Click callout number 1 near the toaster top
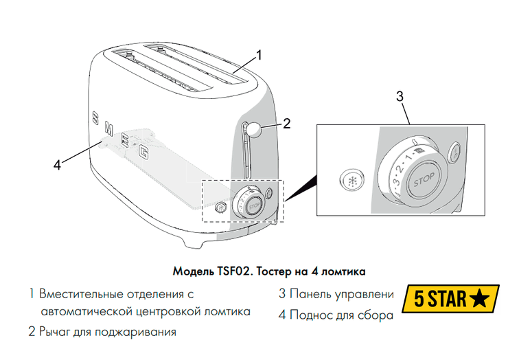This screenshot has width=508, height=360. (259, 56)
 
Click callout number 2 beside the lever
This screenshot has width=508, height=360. (286, 124)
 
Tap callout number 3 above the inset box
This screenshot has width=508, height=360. (400, 97)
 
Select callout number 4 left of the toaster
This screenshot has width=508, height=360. (57, 165)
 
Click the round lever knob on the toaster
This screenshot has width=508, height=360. (254, 130)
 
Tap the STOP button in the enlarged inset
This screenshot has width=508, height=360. (424, 180)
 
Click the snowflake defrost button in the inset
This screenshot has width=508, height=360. (352, 181)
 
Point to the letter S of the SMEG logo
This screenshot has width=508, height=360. (95, 117)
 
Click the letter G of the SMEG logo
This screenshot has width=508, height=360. (144, 152)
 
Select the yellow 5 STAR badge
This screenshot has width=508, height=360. (450, 299)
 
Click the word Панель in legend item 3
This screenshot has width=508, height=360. (310, 294)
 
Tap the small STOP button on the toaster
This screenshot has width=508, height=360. (254, 206)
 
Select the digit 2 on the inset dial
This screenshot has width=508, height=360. (400, 170)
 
